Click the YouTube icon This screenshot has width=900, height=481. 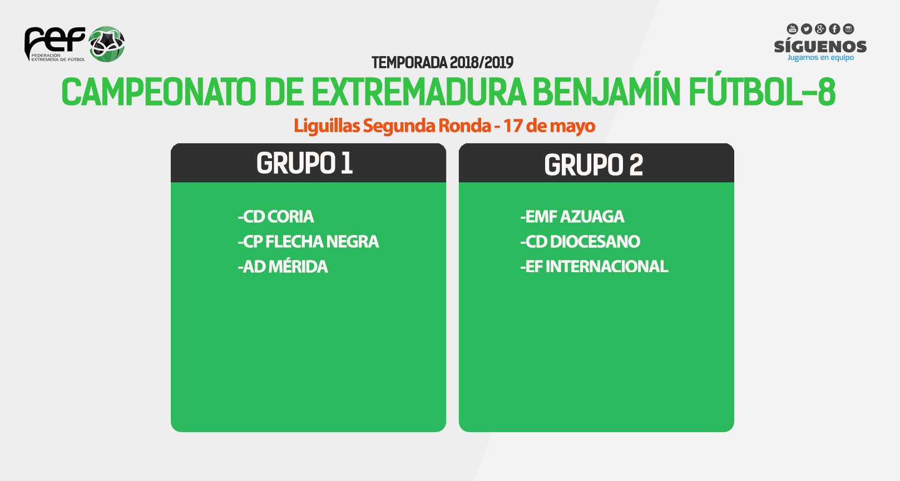(792, 29)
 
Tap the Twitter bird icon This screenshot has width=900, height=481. (806, 29)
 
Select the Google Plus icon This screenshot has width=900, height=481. (820, 29)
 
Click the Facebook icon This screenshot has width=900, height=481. (834, 29)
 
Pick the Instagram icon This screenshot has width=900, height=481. (848, 29)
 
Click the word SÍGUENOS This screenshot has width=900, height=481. (820, 46)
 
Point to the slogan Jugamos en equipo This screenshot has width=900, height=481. (820, 58)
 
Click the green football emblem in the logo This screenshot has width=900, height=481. (106, 44)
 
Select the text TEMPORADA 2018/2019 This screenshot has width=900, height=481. (442, 63)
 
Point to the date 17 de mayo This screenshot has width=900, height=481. (549, 126)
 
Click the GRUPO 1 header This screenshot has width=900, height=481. (305, 163)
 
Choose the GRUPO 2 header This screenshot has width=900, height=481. (594, 164)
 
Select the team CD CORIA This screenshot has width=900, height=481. (276, 217)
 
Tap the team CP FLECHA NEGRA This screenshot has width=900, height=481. (308, 242)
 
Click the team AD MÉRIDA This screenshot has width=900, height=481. (283, 267)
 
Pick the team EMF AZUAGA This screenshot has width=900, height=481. (572, 217)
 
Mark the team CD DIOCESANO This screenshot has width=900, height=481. (580, 242)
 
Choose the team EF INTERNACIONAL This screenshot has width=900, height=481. (594, 267)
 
